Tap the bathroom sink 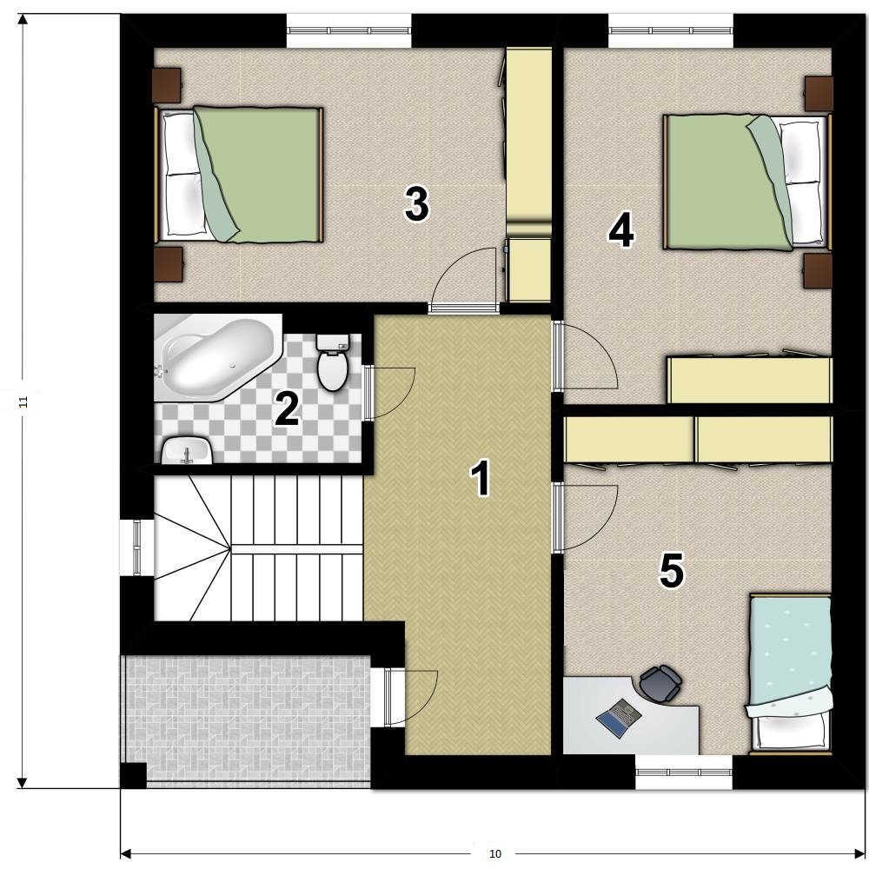click(x=187, y=450)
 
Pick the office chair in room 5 click(x=660, y=683)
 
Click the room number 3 click(x=417, y=204)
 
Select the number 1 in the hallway click(x=481, y=478)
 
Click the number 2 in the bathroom click(x=288, y=409)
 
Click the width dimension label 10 click(x=495, y=853)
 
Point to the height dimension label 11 click(x=23, y=401)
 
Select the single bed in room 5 click(x=790, y=674)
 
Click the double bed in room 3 click(x=239, y=175)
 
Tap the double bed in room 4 click(x=747, y=182)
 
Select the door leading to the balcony click(x=410, y=697)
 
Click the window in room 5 click(x=684, y=772)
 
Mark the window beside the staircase click(x=137, y=547)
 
